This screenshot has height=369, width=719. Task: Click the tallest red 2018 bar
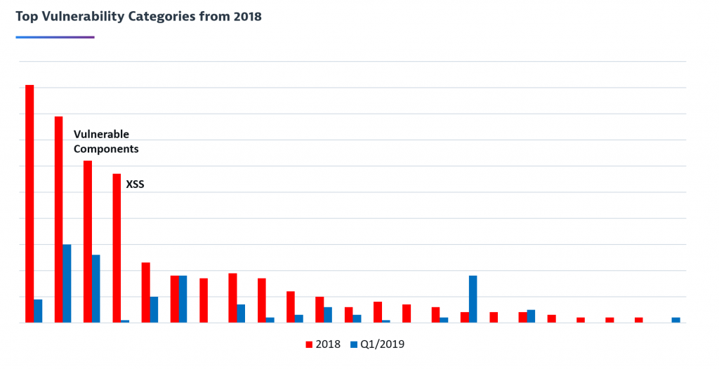tap(29, 203)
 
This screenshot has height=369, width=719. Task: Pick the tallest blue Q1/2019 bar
tap(67, 283)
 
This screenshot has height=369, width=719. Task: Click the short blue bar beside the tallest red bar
tap(38, 311)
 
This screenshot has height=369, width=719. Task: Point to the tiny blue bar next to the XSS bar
tap(125, 321)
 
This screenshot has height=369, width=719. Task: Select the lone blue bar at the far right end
tap(675, 320)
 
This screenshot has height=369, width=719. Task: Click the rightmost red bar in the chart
tap(638, 320)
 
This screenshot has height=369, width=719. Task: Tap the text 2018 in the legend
tap(329, 344)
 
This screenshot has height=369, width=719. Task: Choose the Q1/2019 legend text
tap(383, 344)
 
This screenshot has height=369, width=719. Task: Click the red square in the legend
tap(309, 344)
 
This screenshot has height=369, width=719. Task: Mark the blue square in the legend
tap(355, 344)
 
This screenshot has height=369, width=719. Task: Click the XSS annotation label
tap(135, 185)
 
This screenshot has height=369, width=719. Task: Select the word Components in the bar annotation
tap(106, 149)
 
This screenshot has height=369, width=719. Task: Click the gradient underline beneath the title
tap(55, 36)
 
